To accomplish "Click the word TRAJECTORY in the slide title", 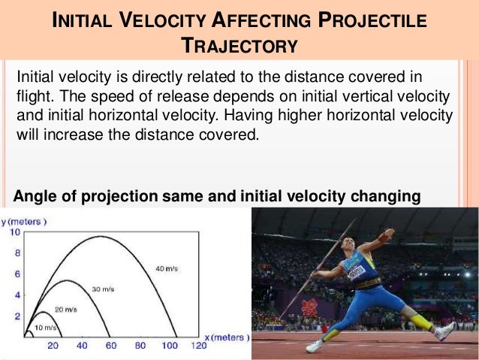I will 239,46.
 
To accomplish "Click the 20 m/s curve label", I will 66,309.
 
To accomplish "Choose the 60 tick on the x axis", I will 111,346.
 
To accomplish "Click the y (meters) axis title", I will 24,222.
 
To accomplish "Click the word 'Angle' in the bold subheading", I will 34,197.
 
